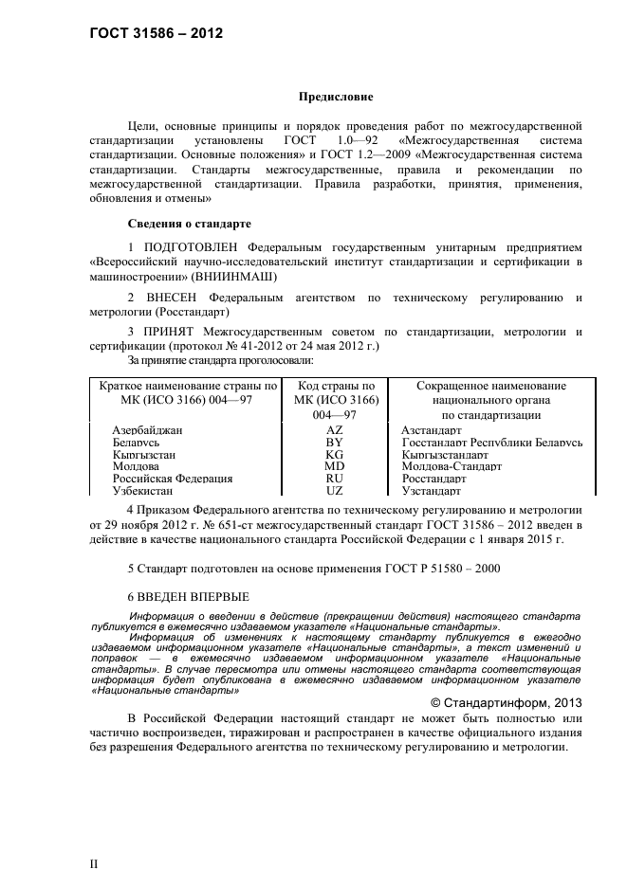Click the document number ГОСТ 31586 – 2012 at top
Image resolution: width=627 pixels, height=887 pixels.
156,33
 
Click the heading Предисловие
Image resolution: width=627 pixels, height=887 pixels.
336,97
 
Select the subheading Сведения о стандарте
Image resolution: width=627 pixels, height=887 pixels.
189,225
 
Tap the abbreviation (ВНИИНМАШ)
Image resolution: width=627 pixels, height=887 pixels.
234,276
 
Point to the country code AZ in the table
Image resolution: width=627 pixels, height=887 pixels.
334,430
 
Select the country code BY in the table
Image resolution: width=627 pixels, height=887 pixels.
334,443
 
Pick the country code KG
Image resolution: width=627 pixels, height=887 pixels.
334,455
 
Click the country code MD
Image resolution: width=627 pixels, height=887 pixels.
334,466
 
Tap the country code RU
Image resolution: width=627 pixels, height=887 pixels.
334,479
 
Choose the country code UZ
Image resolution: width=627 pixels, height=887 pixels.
334,491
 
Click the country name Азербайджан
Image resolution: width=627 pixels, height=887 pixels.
147,430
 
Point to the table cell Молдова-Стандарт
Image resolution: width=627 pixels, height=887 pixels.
452,466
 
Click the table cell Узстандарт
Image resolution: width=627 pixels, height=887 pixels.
432,491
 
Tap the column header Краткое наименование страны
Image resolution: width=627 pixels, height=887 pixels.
188,386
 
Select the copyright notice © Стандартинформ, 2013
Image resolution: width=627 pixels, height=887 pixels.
506,702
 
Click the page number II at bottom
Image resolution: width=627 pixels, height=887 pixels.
94,864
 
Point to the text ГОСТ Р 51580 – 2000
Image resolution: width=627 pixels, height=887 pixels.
433,568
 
